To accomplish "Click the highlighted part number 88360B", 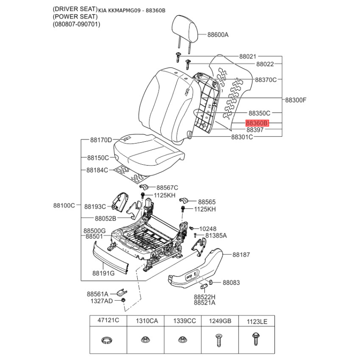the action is tap(257, 123).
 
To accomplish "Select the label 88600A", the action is tap(218, 35).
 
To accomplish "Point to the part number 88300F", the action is tap(296, 100).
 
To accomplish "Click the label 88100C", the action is tap(64, 205).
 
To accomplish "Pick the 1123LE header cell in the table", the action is tap(257, 321).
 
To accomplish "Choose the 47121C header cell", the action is tap(108, 320).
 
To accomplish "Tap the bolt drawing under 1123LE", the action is tap(255, 339).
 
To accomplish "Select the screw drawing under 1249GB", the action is tap(219, 340).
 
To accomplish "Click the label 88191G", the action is tap(103, 273).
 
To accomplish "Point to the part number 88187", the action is tap(241, 255).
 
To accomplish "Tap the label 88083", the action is tap(231, 283).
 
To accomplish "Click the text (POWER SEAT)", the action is tap(75, 17).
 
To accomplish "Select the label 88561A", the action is tap(97, 294).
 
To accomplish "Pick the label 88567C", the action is tap(167, 188).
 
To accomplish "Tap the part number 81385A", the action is tap(216, 235).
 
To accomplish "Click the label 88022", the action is tap(265, 64).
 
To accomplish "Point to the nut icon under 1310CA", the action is tap(144, 339).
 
